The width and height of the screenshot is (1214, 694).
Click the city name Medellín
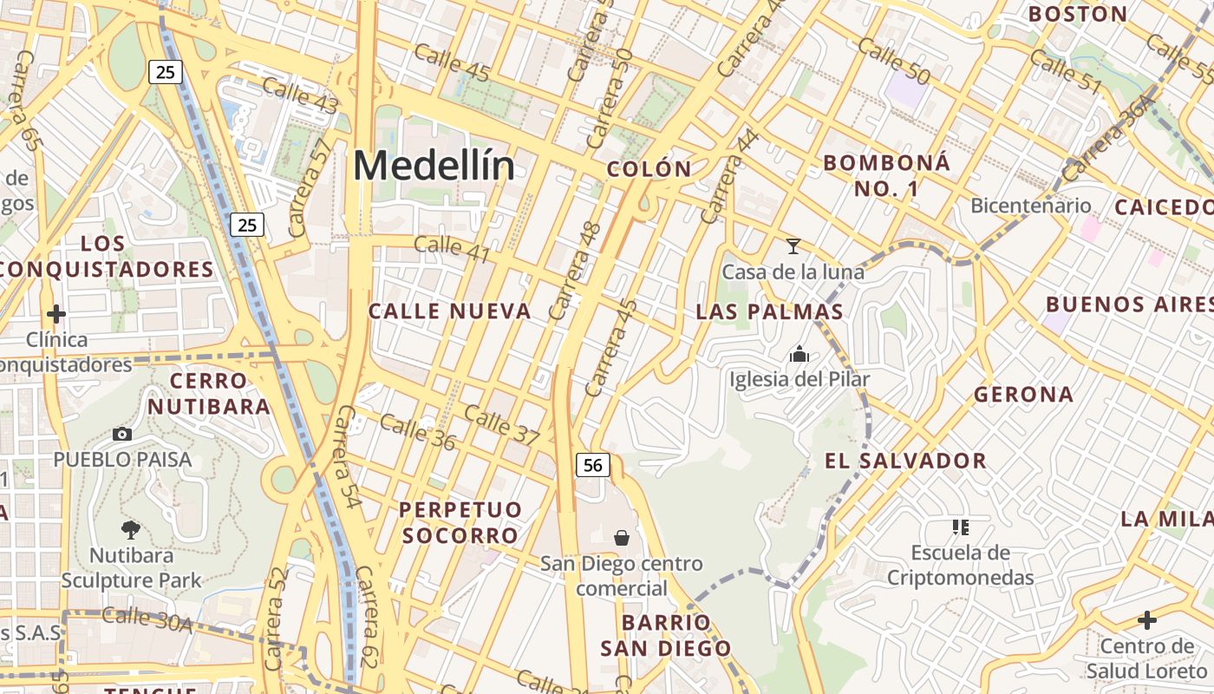pos(434,166)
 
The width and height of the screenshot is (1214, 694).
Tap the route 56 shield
pos(593,465)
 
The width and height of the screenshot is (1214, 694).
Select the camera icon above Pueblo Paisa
pos(122,434)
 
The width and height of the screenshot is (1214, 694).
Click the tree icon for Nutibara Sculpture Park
pos(131,528)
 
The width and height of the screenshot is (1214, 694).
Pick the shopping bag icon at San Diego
pos(621,538)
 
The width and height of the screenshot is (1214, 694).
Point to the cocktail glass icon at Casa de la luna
pos(793,246)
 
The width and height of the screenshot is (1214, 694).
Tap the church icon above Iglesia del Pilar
pos(799,354)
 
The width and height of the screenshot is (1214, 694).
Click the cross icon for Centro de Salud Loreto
pos(1147,620)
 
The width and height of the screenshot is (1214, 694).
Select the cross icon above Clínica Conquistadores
pos(56,313)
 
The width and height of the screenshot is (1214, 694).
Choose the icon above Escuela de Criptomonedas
pos(960,527)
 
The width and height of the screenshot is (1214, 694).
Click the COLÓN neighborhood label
pos(649,169)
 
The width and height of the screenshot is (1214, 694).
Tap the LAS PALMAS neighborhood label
pos(770,311)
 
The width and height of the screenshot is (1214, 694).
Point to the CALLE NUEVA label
pos(449,311)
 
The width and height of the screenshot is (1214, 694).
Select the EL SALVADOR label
pos(905,461)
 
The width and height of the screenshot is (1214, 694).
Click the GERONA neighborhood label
pos(1023,395)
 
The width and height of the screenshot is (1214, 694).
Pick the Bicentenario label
pos(1030,206)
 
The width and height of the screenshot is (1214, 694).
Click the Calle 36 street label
pos(417,431)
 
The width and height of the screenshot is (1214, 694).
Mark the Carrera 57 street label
pos(309,187)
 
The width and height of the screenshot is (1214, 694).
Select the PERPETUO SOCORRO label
pos(460,522)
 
